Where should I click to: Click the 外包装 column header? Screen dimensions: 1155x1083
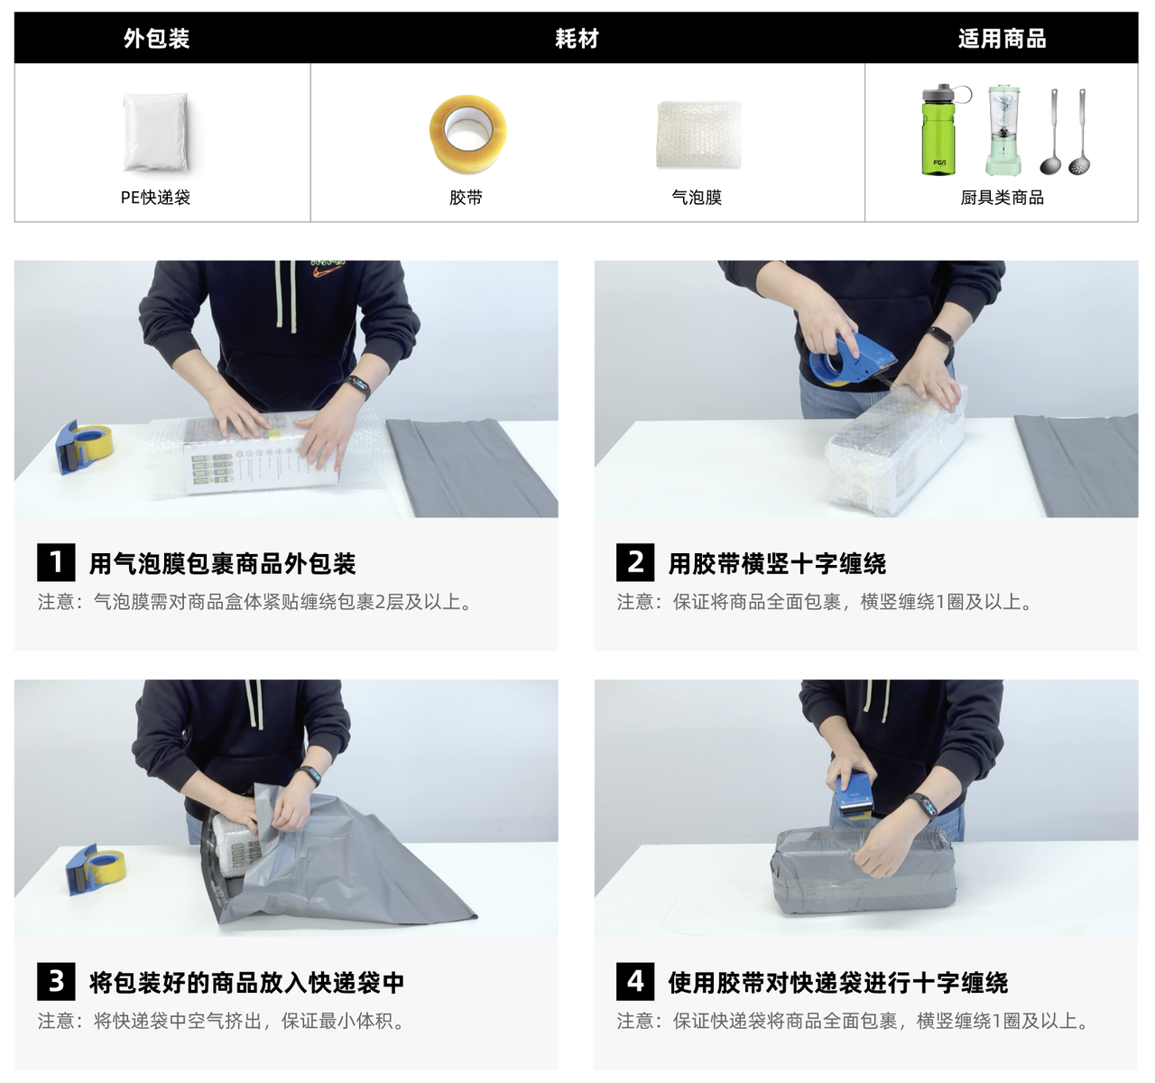coord(156,39)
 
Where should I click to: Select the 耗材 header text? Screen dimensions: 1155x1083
coord(577,39)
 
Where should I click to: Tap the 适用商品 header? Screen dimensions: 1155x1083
coord(1002,39)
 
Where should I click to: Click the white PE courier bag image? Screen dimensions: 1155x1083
coord(155,132)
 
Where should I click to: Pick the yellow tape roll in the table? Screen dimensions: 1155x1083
coord(467,134)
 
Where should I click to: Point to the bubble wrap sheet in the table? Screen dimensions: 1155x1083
coord(699,134)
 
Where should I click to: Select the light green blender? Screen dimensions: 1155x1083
coord(1003,130)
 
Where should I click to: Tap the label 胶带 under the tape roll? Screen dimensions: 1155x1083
coord(466,198)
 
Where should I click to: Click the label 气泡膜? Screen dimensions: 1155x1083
coord(697,198)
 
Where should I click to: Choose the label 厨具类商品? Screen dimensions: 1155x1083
coord(1002,198)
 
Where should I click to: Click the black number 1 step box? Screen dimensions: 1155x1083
coord(56,562)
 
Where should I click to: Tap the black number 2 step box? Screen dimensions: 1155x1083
coord(635,562)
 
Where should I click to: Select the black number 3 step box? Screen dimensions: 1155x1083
coord(56,981)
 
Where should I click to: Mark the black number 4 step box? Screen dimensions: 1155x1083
coord(635,981)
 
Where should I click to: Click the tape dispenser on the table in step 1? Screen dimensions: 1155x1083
coord(83,447)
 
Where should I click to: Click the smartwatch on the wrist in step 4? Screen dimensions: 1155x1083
coord(924,807)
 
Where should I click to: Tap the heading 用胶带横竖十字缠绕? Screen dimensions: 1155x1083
coord(777,563)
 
